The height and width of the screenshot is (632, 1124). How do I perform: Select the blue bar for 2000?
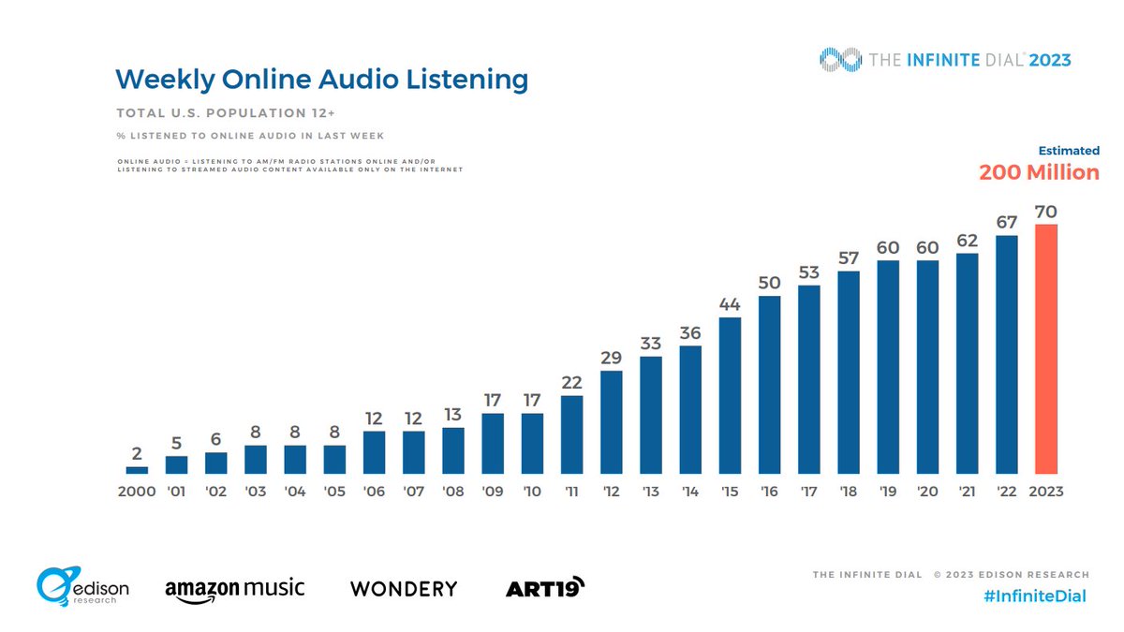[137, 470]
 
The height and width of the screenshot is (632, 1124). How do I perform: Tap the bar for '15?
[730, 396]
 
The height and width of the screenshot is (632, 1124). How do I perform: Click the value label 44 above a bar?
[730, 303]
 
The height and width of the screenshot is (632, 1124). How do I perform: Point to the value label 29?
[611, 357]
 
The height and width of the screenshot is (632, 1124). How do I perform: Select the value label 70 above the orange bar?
[1046, 211]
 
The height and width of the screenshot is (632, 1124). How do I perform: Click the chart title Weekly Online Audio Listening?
[321, 80]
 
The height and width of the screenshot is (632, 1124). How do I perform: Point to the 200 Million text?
[1039, 172]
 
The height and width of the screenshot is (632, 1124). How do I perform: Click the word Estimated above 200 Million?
[1069, 151]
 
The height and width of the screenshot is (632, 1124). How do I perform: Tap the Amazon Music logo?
[234, 589]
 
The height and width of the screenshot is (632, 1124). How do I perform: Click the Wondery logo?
[404, 589]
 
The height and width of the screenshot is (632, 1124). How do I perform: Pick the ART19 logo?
[545, 587]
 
